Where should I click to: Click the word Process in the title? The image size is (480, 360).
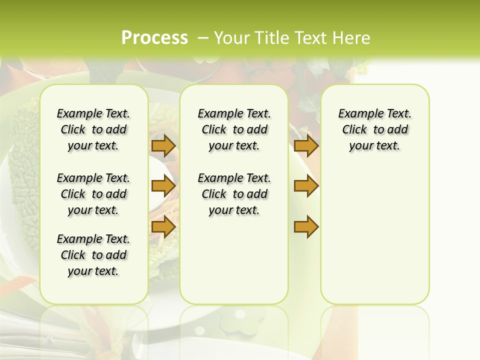click(154, 38)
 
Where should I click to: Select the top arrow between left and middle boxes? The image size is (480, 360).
click(163, 146)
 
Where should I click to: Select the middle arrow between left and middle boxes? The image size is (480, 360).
click(163, 186)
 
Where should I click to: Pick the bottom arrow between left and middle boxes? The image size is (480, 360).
click(163, 227)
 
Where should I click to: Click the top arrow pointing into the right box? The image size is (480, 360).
click(306, 146)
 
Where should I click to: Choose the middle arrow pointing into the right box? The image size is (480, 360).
click(306, 186)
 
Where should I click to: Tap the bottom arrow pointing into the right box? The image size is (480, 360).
click(306, 227)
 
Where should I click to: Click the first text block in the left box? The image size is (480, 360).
click(93, 129)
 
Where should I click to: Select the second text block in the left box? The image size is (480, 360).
click(93, 194)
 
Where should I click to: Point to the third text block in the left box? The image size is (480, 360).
click(93, 255)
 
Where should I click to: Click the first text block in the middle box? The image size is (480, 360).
click(234, 129)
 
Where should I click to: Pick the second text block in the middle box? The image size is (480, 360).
click(234, 194)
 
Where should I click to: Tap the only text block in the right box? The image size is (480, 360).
click(374, 129)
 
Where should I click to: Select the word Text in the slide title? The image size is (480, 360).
click(310, 38)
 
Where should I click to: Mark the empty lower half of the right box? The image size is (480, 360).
click(374, 240)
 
